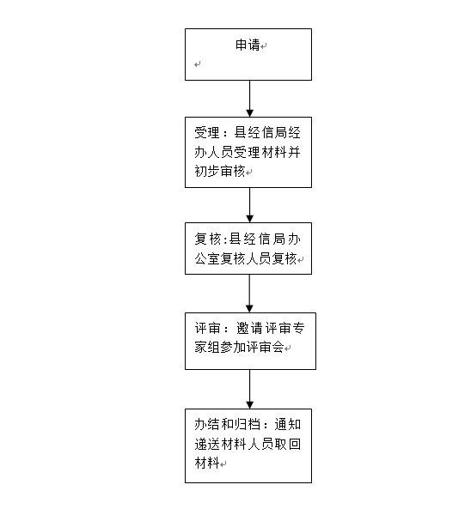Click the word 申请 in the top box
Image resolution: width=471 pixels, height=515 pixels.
[248, 45]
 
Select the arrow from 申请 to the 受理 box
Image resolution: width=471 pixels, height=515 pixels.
[249, 99]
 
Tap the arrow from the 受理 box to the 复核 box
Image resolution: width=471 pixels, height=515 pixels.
[249, 205]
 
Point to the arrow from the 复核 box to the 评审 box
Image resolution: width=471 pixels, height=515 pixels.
[249, 294]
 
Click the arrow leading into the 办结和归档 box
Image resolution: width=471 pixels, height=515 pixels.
[249, 389]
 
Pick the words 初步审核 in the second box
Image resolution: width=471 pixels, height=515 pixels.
[220, 171]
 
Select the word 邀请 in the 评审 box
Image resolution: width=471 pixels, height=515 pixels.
[249, 328]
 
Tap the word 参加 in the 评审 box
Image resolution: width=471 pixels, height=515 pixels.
[233, 347]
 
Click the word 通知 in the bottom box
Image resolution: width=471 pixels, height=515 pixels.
[288, 424]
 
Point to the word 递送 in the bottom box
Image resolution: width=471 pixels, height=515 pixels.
[207, 444]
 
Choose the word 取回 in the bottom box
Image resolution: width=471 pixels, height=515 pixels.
[288, 444]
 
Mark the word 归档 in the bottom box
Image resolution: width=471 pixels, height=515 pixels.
[248, 424]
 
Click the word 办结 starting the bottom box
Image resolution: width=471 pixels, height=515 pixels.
[207, 424]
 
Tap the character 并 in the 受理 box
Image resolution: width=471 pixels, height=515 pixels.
[294, 152]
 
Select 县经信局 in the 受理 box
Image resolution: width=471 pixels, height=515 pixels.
[260, 133]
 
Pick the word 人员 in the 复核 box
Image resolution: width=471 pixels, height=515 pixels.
[259, 258]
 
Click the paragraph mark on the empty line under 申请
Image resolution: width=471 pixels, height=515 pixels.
[197, 64]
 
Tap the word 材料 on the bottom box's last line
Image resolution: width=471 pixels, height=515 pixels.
[207, 463]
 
